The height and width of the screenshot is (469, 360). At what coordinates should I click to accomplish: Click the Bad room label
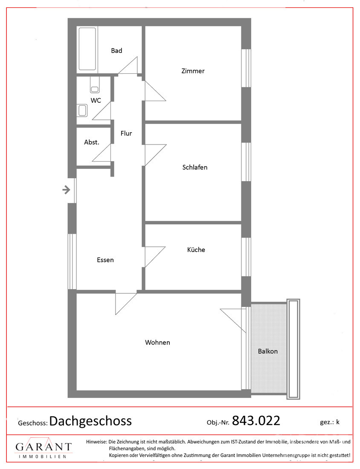point(116,51)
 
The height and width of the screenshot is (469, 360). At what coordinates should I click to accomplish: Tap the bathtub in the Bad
point(87,49)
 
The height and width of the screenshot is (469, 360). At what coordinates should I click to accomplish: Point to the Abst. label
point(91,142)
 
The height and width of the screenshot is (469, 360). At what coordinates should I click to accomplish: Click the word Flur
point(126,133)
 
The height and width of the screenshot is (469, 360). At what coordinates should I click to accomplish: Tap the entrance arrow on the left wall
point(67,190)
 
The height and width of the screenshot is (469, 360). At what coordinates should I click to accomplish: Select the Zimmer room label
point(193,71)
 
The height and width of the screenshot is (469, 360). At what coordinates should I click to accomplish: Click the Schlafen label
point(195,168)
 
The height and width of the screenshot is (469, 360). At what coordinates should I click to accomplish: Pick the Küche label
point(196,250)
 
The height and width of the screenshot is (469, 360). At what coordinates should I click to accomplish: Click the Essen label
point(105,260)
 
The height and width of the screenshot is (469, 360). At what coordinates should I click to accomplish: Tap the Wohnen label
point(157,342)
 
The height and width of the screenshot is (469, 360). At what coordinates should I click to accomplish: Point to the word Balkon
point(267,351)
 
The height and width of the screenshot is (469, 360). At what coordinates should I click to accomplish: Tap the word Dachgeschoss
point(90,421)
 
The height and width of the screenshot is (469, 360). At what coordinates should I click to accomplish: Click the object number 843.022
point(255,421)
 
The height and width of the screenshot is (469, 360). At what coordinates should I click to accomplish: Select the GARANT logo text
point(44,447)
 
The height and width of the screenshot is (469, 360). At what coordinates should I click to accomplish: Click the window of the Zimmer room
point(246,68)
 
